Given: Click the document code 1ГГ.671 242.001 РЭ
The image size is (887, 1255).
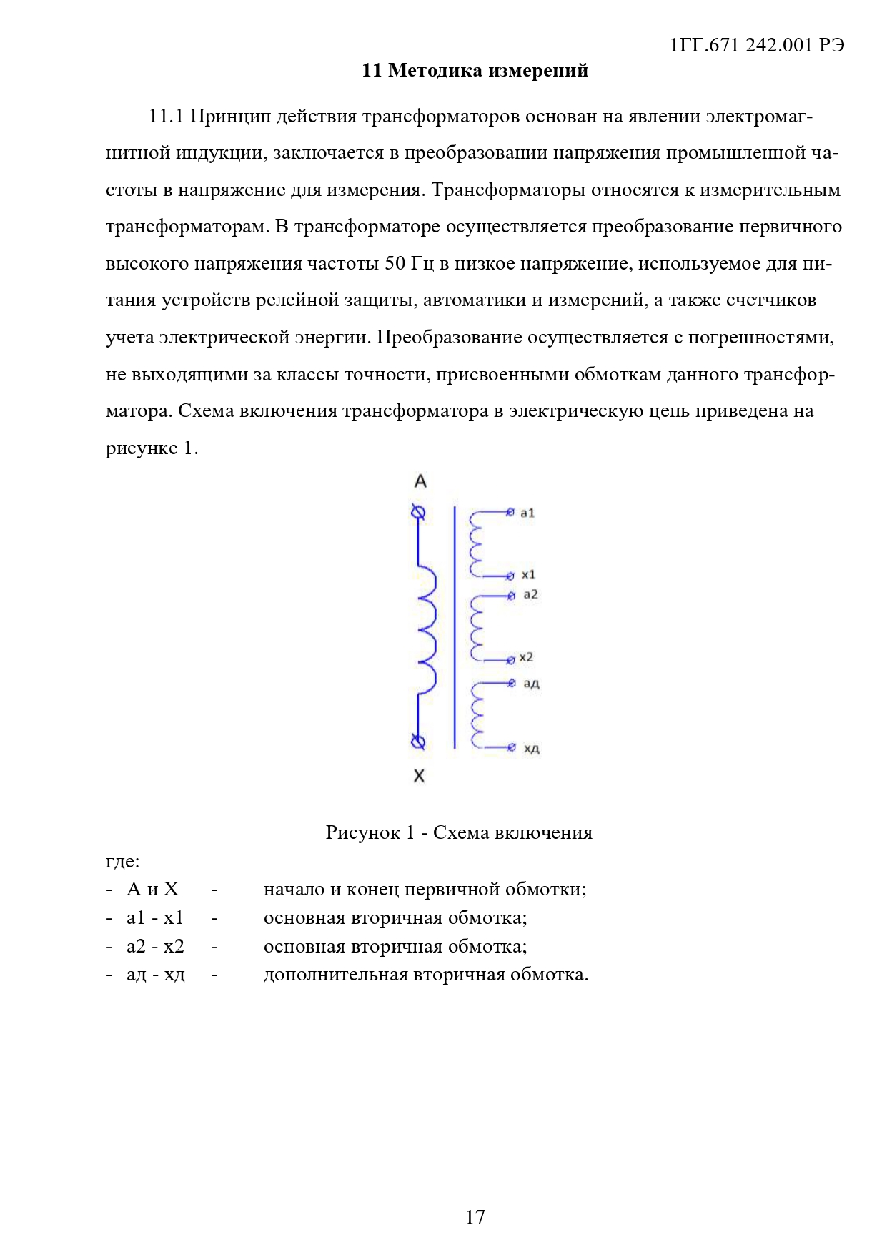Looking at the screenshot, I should point(757,45).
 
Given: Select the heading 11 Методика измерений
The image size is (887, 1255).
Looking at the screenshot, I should point(475,70).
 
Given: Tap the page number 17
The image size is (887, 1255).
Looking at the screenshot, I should point(475,1216).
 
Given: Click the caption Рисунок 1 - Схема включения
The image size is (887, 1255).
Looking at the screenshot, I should point(459,832).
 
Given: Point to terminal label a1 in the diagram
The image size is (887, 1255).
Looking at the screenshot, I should point(527,513).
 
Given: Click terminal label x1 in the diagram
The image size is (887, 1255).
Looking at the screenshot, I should point(528,574).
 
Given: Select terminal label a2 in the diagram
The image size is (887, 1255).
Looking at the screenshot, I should point(530,594).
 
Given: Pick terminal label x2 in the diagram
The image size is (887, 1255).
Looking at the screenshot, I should point(526,657).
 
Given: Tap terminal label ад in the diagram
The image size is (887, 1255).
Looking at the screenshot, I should point(531,684).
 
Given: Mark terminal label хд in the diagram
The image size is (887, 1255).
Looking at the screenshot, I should point(531,749).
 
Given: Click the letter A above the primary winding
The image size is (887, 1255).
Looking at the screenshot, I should point(420,481).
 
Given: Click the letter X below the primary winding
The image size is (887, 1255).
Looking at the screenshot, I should point(419,776).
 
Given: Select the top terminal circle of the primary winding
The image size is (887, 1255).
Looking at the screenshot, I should point(419,512).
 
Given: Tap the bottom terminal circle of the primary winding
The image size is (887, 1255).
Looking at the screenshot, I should point(418,742).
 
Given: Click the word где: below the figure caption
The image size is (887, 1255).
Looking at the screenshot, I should point(122,861).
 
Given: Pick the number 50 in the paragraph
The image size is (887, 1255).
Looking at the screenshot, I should point(395,263).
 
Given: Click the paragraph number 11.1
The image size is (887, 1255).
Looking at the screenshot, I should point(167,116).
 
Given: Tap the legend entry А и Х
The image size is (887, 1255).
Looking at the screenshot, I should point(152,889).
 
